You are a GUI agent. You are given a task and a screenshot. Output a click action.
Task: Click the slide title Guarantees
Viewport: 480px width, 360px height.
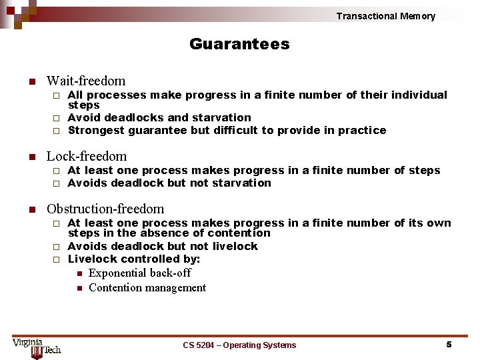click(x=239, y=44)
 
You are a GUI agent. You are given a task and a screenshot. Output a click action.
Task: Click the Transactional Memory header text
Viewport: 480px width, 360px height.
click(x=385, y=16)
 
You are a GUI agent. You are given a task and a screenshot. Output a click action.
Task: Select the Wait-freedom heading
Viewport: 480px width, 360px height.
click(x=85, y=81)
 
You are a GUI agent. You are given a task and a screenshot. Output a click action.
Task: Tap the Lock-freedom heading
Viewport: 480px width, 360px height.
click(x=86, y=156)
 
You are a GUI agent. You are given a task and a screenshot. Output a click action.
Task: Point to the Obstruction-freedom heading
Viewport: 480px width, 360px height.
click(x=105, y=209)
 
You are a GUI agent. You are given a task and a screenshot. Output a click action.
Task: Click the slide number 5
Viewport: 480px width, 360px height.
click(x=449, y=344)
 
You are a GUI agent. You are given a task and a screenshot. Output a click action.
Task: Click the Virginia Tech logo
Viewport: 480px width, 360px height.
click(x=37, y=347)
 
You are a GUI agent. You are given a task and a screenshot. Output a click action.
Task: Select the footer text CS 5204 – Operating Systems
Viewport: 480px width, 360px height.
click(x=239, y=345)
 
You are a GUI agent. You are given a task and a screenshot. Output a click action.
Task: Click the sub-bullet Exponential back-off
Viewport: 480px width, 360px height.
click(x=139, y=273)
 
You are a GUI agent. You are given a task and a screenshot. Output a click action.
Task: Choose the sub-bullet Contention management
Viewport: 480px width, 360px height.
click(x=147, y=287)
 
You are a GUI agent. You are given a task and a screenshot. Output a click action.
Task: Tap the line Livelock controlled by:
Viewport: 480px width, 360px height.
click(x=134, y=259)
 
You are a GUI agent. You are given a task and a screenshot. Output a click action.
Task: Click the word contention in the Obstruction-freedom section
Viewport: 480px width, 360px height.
click(x=238, y=233)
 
